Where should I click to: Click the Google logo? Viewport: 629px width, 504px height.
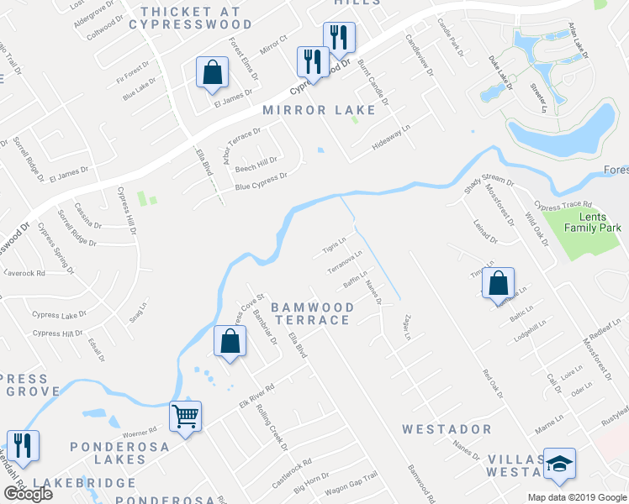pos(27,494)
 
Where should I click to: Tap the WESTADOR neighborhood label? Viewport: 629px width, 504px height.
pos(447,429)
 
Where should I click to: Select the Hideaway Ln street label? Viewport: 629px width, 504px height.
pos(393,139)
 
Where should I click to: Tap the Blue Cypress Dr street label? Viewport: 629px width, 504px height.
pos(262,181)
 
